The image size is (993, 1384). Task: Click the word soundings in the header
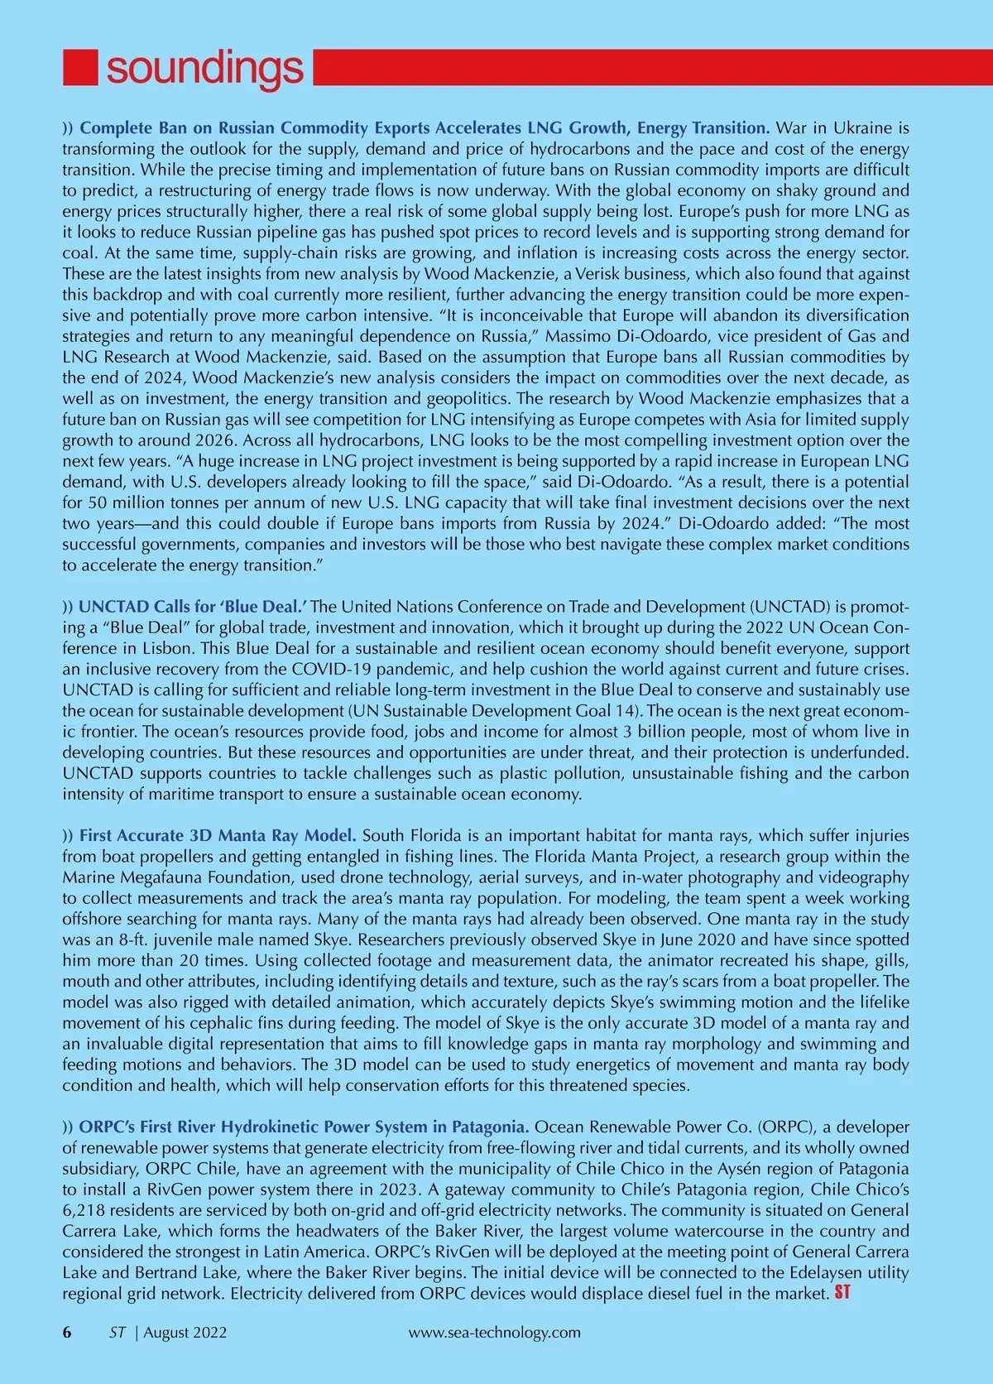coord(204,68)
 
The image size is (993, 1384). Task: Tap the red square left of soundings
coord(81,67)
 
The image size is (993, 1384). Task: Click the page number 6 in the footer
coord(67,1332)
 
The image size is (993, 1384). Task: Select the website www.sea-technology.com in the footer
coord(495,1332)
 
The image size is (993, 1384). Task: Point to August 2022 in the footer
coord(185,1332)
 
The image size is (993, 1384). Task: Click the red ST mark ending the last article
coord(842,1292)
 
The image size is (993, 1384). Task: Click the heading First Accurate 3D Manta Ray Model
coord(218,835)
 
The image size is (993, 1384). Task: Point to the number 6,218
coord(85,1210)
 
